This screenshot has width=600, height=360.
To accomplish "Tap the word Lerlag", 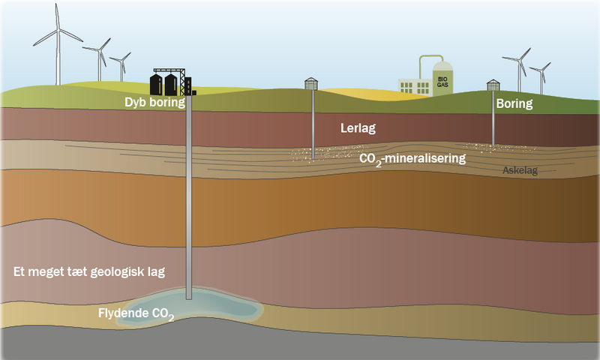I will click(357, 129).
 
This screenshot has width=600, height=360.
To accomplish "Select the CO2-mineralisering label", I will click(413, 159).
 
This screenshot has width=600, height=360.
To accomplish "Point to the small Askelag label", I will click(520, 171).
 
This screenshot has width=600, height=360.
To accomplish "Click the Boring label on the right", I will click(514, 104).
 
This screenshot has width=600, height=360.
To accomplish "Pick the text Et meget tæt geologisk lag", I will click(89, 271).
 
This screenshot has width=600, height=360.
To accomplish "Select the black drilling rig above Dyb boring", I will click(172, 79).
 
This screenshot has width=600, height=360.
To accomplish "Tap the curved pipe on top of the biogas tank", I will click(430, 60).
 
